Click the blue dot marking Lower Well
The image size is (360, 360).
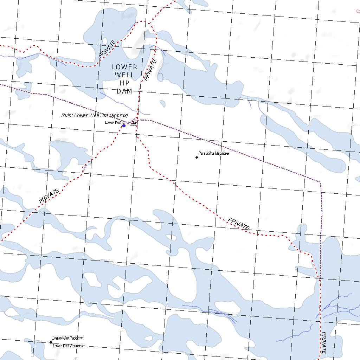pos(124,126)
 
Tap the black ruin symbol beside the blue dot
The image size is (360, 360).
pos(134,123)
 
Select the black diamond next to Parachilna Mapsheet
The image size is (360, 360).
pos(197,157)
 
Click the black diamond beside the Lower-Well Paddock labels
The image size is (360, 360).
pos(51,342)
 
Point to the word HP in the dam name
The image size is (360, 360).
pos(124,83)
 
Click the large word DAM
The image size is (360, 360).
pos(124,91)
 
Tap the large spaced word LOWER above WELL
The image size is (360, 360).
pos(124,67)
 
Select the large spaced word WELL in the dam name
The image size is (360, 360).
pos(124,75)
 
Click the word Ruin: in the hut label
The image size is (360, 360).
pos(67,115)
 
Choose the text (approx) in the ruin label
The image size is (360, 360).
pos(119,115)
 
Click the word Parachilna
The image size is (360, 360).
pos(206,153)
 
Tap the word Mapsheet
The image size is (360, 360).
pos(222,153)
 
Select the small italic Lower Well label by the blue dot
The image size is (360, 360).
pos(113,122)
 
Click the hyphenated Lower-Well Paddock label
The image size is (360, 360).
pos(67,338)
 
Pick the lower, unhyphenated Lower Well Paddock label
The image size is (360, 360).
pos(68,346)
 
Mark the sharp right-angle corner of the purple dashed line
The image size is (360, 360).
pos(320,182)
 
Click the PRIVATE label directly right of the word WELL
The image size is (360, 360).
pos(150,71)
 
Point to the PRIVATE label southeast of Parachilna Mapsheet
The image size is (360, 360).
pos(239,224)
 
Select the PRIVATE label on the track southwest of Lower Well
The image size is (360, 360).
pos(49,196)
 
